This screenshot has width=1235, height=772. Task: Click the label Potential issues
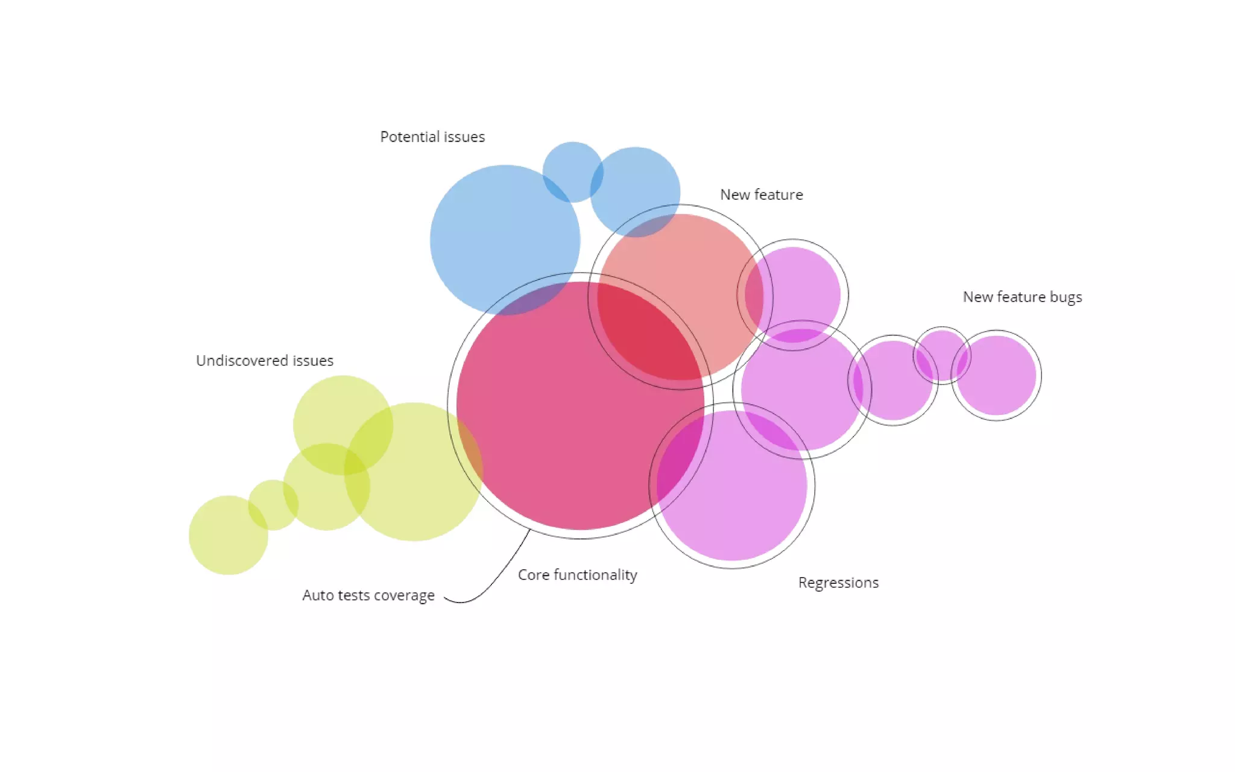point(432,137)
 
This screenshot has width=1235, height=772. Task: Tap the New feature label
point(761,195)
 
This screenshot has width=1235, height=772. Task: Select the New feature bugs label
point(1022,297)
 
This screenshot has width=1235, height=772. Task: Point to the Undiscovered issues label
point(265,361)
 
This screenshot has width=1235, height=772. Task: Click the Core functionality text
point(577,575)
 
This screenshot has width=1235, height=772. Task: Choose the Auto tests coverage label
point(368,595)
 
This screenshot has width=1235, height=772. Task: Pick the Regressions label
point(838,583)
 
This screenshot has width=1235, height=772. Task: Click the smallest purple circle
point(942,355)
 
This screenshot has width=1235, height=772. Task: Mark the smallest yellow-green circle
point(273,505)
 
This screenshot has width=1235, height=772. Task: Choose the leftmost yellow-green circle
point(228,535)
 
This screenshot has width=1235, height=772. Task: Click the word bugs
point(1066,297)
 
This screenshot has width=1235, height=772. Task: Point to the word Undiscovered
point(242,361)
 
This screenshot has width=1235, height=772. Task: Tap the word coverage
point(404,595)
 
